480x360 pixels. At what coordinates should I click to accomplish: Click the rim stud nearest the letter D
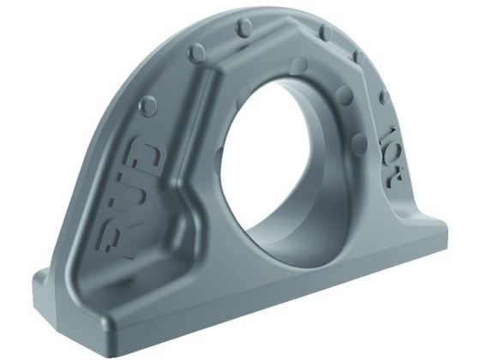coord(147,105)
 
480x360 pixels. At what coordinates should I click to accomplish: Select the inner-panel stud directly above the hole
coord(299,66)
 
